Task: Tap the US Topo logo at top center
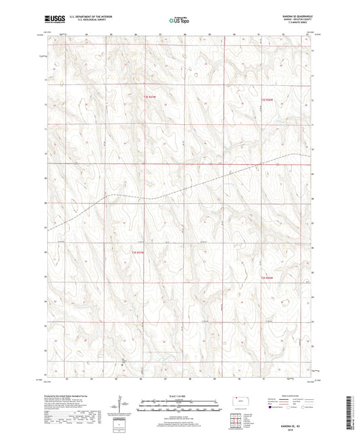[179, 20]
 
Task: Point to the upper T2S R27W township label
[150, 97]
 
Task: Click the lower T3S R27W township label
[138, 253]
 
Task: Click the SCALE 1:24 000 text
[179, 387]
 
